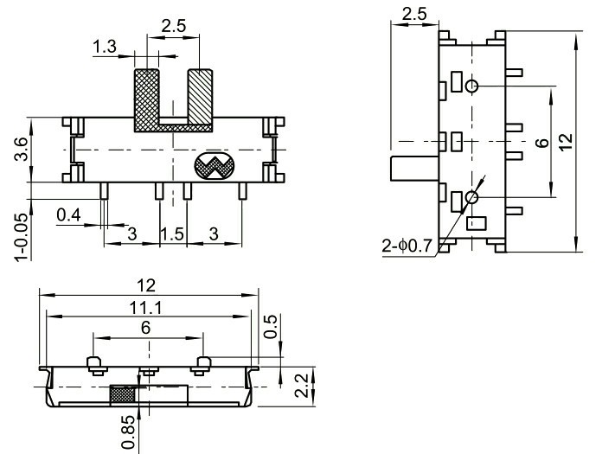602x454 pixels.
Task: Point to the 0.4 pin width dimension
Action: point(69,214)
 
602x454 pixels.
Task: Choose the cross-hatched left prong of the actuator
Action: point(146,96)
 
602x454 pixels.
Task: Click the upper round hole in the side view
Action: point(471,86)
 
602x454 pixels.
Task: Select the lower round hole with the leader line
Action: point(471,198)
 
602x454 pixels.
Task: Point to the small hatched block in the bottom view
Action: point(123,394)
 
